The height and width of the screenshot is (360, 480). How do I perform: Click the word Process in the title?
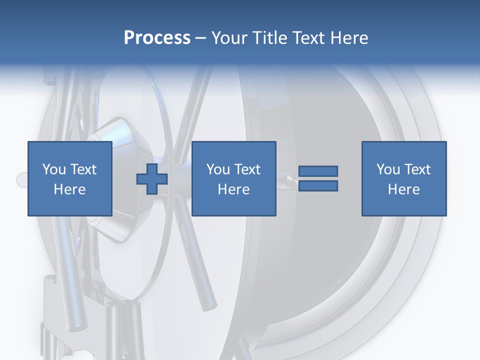(x=157, y=38)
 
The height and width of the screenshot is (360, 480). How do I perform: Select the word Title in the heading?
(x=269, y=38)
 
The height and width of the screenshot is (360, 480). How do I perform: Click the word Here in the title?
(x=351, y=38)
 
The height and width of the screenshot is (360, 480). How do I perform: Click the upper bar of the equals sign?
(x=318, y=171)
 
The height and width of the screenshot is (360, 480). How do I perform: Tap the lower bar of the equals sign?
(x=318, y=186)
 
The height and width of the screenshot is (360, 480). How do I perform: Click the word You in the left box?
(x=54, y=169)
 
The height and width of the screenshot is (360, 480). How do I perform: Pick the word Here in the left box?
(x=70, y=189)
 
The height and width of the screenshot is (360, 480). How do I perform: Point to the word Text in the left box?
(x=83, y=169)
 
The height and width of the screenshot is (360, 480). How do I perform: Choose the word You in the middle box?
(x=218, y=169)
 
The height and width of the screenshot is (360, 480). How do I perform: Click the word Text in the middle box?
(x=247, y=169)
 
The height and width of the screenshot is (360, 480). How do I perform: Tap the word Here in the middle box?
(x=234, y=189)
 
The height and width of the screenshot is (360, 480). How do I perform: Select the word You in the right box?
(x=388, y=169)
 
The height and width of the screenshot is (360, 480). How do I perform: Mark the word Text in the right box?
(x=417, y=169)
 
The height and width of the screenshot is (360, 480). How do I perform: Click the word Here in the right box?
(x=404, y=189)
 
